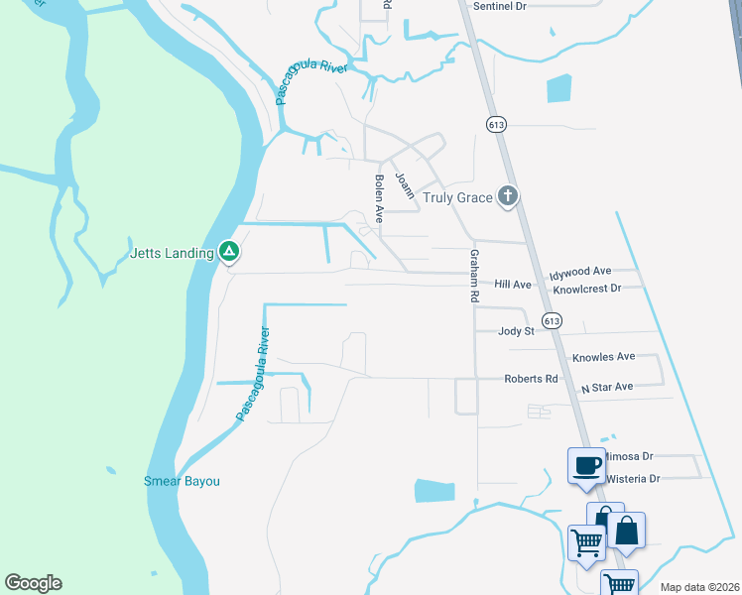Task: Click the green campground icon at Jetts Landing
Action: pyautogui.click(x=228, y=252)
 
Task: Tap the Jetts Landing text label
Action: pyautogui.click(x=173, y=253)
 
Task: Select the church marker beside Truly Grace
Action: pyautogui.click(x=508, y=196)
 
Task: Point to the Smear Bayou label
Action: pyautogui.click(x=182, y=482)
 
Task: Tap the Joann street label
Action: pyautogui.click(x=404, y=185)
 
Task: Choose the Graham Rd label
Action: pyautogui.click(x=474, y=276)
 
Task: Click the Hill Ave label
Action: pyautogui.click(x=514, y=285)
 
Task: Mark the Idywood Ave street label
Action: pyautogui.click(x=580, y=271)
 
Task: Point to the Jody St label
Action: pyautogui.click(x=516, y=331)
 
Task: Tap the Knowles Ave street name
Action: pyautogui.click(x=603, y=356)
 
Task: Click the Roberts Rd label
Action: pyautogui.click(x=531, y=379)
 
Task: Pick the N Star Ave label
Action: pyautogui.click(x=607, y=387)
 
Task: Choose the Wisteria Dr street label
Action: pyautogui.click(x=628, y=478)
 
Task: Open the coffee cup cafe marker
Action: pyautogui.click(x=586, y=464)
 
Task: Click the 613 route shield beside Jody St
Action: pyautogui.click(x=553, y=320)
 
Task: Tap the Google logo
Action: pyautogui.click(x=33, y=583)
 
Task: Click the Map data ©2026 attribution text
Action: pyautogui.click(x=699, y=587)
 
